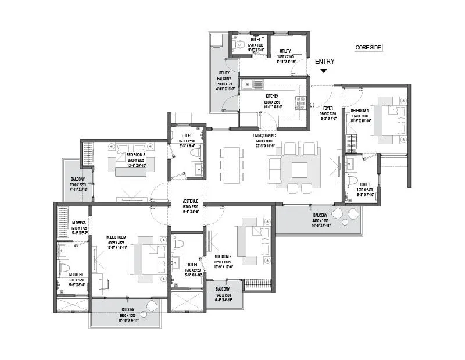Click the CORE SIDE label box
pos(369,48)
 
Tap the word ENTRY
pos(324,61)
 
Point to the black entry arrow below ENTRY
pos(324,70)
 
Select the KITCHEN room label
pos(272,95)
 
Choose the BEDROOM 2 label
pos(223,255)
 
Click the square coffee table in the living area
pos(300,169)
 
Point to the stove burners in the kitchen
pos(301,103)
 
